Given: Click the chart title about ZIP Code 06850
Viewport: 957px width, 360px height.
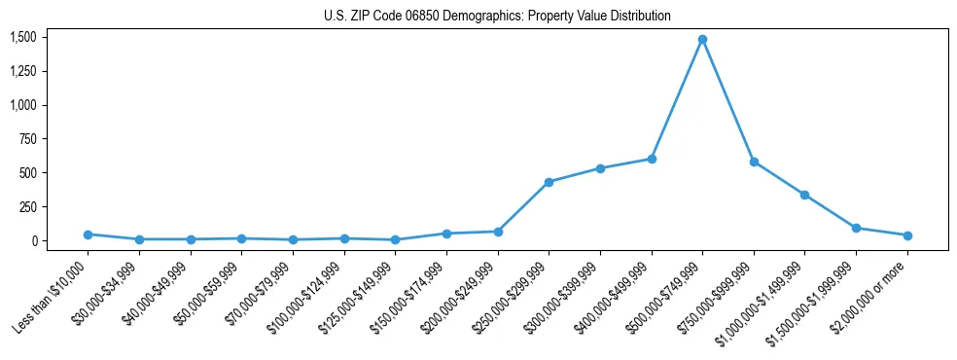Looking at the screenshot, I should pyautogui.click(x=497, y=17).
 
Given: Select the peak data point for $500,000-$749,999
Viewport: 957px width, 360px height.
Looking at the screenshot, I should pyautogui.click(x=702, y=40).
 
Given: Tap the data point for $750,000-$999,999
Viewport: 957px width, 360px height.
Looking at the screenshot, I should pyautogui.click(x=754, y=162).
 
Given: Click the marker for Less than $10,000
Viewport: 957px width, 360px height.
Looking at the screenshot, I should pyautogui.click(x=89, y=234).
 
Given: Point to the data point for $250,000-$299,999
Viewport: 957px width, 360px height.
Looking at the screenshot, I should pyautogui.click(x=549, y=182).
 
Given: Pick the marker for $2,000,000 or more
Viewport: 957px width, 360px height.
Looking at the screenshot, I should pyautogui.click(x=907, y=235).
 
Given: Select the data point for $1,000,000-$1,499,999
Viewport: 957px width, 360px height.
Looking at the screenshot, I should pyautogui.click(x=804, y=195).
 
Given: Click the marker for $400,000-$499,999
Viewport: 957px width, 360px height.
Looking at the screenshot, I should pyautogui.click(x=652, y=159).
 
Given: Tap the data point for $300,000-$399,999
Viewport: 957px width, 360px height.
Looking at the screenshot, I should pyautogui.click(x=600, y=168).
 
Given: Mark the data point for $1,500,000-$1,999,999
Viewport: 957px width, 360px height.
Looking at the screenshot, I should pyautogui.click(x=856, y=228).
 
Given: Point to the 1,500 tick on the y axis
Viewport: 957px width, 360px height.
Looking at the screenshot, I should pyautogui.click(x=23, y=37).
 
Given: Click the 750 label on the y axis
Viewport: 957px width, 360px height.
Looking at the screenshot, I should pyautogui.click(x=28, y=139).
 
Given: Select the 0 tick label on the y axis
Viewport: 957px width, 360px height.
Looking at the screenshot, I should pyautogui.click(x=34, y=241).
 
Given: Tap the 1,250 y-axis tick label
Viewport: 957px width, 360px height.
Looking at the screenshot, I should pyautogui.click(x=23, y=71).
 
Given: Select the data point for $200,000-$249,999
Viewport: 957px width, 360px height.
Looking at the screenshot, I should pyautogui.click(x=498, y=232).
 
